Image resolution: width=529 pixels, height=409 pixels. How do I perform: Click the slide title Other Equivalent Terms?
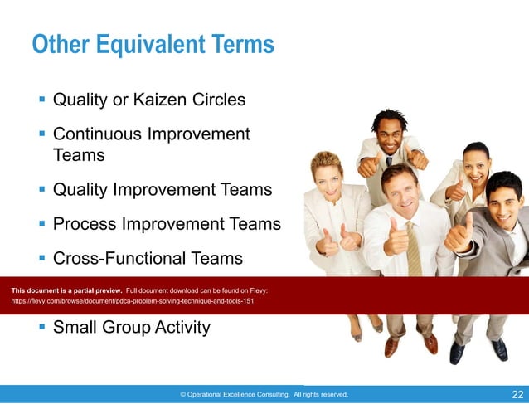point(153,44)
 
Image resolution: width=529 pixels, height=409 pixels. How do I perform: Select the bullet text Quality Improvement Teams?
point(162,189)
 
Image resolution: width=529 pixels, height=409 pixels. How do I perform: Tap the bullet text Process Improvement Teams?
point(166,224)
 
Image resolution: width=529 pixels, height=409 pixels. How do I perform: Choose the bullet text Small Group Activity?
point(131,327)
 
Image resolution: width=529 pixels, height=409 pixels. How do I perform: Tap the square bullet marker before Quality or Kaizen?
point(41,100)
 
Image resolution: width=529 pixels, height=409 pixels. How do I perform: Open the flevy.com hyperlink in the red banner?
point(133,301)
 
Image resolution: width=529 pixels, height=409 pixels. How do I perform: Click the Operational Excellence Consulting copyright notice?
point(264,395)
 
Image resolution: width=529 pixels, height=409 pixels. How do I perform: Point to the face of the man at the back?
point(389,133)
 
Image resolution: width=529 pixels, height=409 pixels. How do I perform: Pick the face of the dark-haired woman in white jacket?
point(475,164)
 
